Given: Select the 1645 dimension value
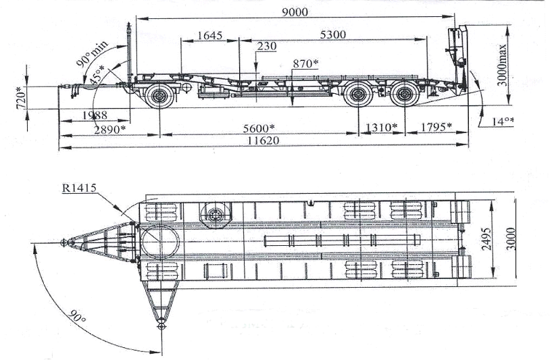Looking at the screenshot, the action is pyautogui.click(x=209, y=35).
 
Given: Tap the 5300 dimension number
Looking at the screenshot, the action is pyautogui.click(x=333, y=34).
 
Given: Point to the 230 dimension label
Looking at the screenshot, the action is pyautogui.click(x=267, y=47).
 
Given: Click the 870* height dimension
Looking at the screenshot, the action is pyautogui.click(x=305, y=63).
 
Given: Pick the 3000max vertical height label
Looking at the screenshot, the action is pyautogui.click(x=503, y=64).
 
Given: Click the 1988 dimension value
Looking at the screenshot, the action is pyautogui.click(x=95, y=115).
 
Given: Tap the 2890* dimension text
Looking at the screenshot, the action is pyautogui.click(x=109, y=130).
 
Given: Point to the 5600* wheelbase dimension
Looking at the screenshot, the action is pyautogui.click(x=259, y=128).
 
